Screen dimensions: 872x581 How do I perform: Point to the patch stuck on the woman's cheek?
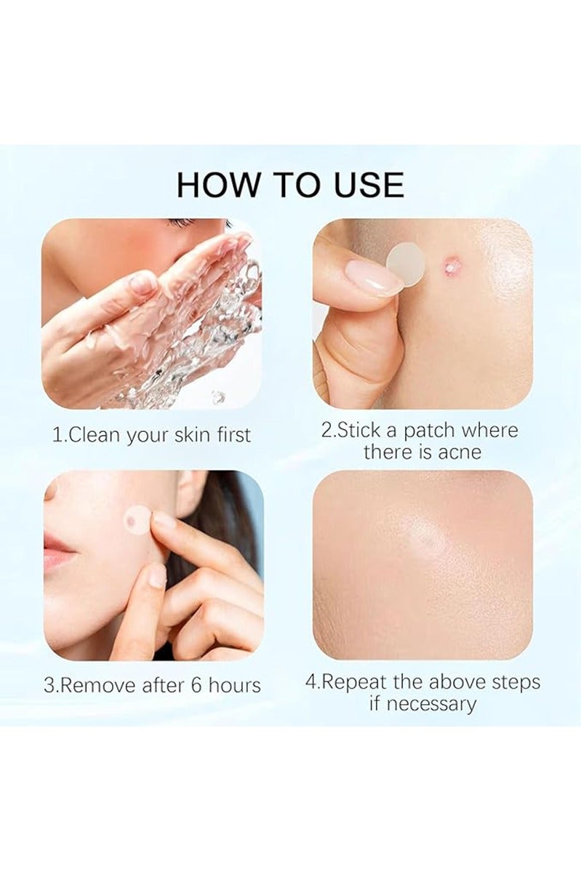(136, 518)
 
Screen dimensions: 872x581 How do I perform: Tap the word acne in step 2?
(460, 452)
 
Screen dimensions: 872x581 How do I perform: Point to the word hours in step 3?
(231, 685)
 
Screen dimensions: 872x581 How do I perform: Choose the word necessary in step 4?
(431, 704)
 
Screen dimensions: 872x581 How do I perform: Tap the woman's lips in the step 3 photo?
(58, 548)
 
